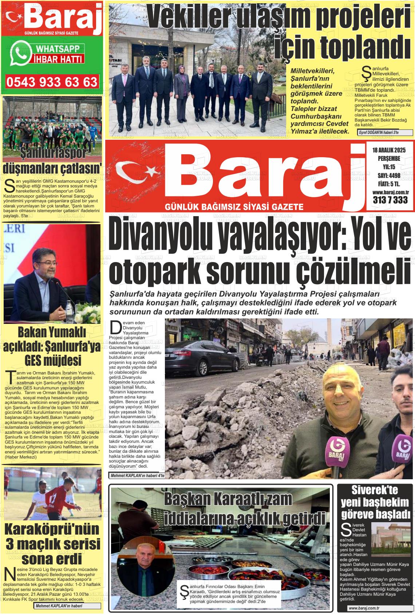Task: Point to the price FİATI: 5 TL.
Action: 389,184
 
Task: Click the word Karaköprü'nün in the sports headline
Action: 52,529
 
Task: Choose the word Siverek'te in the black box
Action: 375,490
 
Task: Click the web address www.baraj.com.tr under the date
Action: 389,192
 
